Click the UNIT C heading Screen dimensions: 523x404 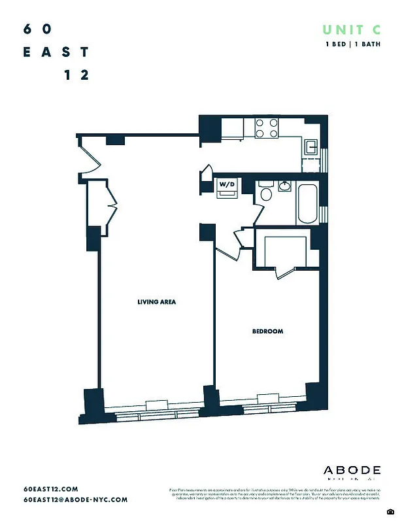click(x=352, y=29)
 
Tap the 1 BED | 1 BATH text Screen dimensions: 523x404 click(x=353, y=44)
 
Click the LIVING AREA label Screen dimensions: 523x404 click(x=157, y=302)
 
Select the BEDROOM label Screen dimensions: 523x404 click(x=267, y=331)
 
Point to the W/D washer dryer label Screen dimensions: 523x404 click(x=227, y=185)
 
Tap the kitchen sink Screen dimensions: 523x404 click(x=310, y=146)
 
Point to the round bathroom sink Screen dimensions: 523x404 click(x=285, y=186)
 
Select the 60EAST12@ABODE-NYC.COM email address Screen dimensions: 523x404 click(x=75, y=499)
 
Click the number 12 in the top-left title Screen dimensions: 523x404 click(x=76, y=75)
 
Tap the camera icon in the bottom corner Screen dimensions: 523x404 click(x=390, y=511)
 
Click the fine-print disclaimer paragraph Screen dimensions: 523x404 click(x=275, y=494)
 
